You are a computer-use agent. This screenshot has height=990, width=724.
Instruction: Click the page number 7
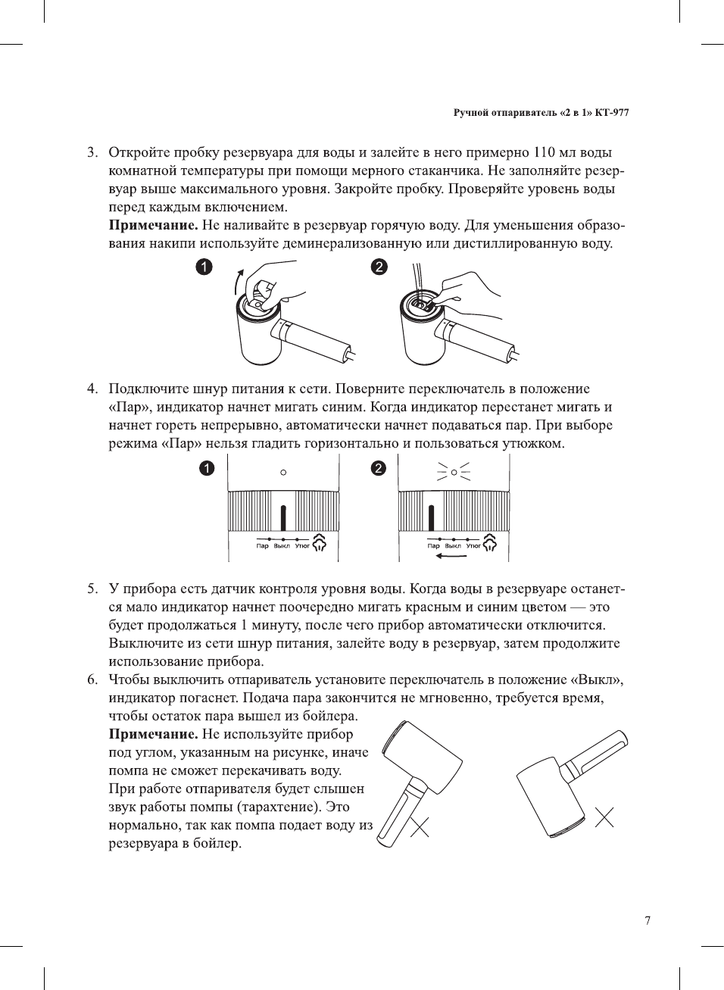647,921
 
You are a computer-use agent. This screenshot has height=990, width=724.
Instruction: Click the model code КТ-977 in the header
612,113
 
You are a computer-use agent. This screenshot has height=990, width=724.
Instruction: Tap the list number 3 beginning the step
92,153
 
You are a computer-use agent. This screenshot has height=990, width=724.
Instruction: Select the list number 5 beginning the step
92,589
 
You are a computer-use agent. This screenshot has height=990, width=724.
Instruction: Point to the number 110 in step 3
545,153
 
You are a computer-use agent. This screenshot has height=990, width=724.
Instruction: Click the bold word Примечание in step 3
154,225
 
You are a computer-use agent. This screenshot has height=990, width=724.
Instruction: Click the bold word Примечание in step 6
154,734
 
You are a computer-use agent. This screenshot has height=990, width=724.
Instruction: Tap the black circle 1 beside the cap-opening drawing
204,267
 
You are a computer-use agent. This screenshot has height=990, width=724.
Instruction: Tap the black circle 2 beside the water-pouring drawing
379,267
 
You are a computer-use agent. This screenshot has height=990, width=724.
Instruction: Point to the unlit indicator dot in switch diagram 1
283,473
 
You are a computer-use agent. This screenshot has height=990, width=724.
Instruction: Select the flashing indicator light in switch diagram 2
454,473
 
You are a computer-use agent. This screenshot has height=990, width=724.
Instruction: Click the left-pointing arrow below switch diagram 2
451,556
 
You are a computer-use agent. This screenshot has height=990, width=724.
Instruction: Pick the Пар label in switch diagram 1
262,546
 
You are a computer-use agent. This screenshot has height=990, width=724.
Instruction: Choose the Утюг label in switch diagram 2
473,546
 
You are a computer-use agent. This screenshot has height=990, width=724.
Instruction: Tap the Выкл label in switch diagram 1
282,546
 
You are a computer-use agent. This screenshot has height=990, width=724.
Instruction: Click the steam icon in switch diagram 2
490,542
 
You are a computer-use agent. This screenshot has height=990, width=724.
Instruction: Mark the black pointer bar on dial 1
283,517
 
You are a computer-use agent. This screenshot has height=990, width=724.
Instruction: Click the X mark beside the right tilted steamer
604,817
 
